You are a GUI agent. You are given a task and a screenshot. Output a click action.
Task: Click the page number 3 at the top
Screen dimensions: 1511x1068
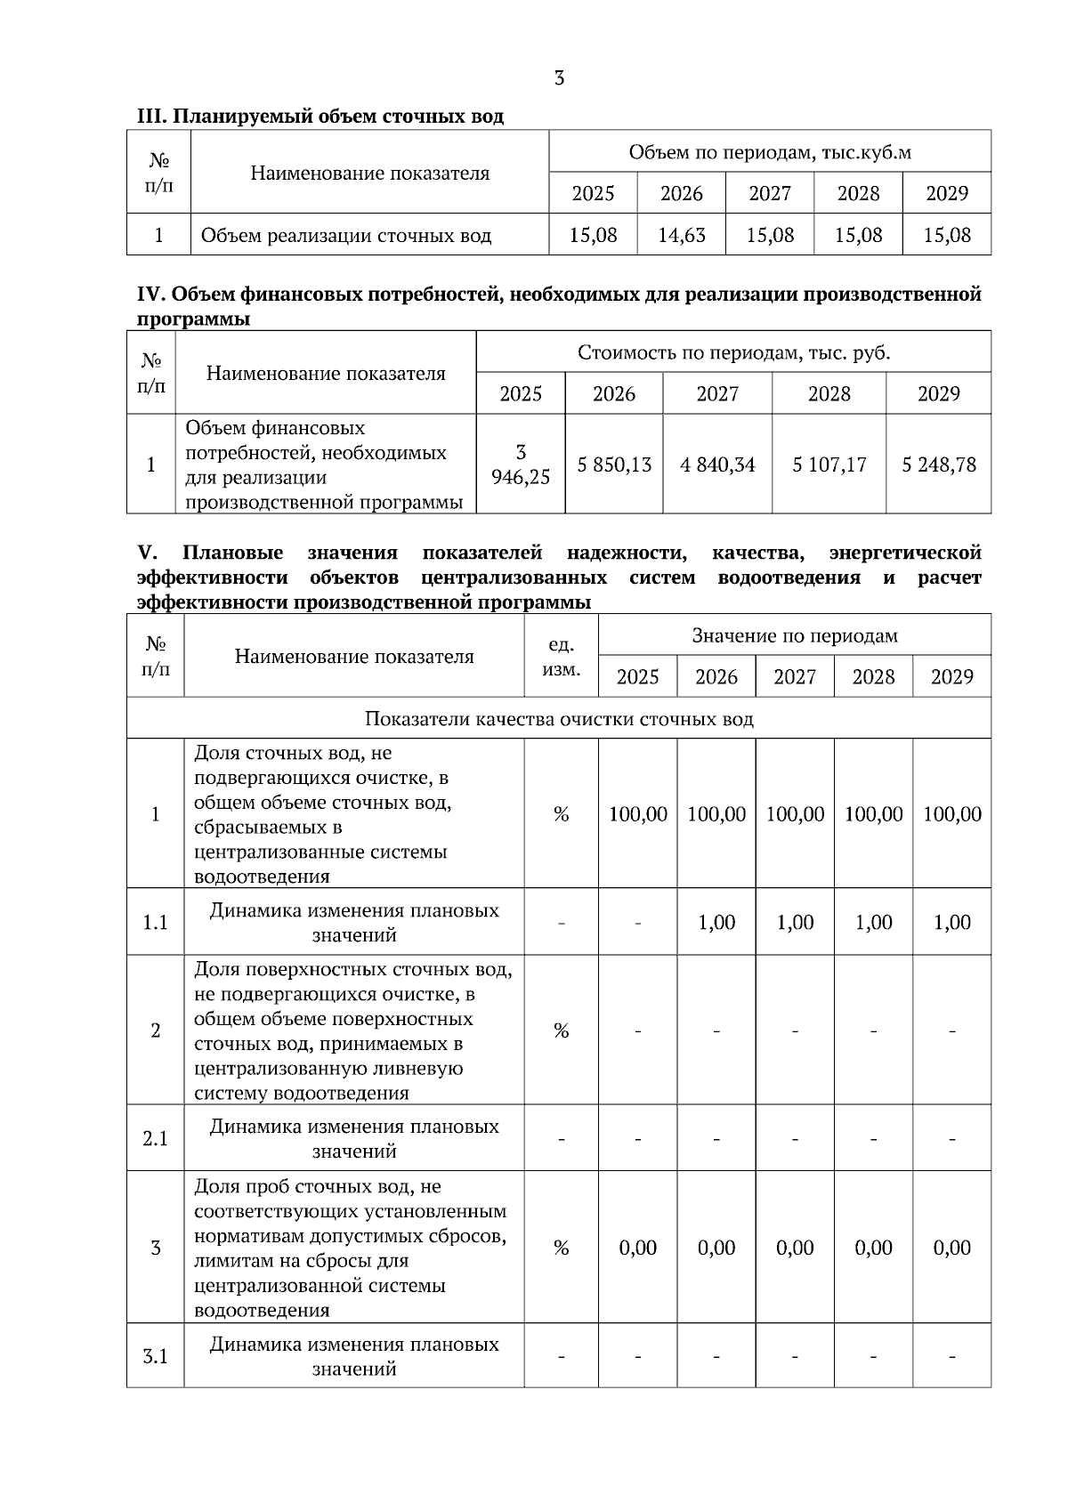click(559, 79)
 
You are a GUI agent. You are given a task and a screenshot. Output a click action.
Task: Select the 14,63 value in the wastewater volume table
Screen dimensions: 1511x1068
click(682, 236)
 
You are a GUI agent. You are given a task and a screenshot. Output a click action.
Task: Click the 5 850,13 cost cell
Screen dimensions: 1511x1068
click(614, 465)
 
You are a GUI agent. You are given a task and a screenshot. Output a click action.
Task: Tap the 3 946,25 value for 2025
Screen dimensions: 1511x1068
click(521, 465)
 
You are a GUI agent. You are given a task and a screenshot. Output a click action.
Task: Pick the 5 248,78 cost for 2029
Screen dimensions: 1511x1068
click(939, 465)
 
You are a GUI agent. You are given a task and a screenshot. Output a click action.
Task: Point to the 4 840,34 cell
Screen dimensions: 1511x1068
click(717, 465)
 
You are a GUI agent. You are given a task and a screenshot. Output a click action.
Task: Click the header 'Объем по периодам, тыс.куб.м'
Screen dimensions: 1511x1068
click(770, 152)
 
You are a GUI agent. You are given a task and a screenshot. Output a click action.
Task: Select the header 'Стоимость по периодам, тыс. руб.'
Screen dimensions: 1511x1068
click(733, 352)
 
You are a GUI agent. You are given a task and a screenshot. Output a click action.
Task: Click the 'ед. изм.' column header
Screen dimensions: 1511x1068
click(561, 657)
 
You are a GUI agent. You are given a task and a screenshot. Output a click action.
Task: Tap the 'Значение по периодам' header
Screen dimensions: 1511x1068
click(795, 635)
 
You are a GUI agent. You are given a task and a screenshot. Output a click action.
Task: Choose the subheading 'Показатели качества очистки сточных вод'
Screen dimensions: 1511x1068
click(559, 719)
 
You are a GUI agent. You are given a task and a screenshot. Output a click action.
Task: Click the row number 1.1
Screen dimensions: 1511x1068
click(156, 923)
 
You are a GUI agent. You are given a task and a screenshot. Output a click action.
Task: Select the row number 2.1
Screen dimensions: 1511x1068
click(156, 1139)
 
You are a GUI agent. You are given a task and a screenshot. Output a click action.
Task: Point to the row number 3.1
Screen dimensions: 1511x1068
click(156, 1356)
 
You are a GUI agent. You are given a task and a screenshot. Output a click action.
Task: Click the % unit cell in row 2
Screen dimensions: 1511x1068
click(561, 1030)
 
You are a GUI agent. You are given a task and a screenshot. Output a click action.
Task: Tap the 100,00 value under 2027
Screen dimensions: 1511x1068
click(795, 814)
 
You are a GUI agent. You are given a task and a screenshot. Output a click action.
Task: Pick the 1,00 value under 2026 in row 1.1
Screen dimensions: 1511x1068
click(716, 923)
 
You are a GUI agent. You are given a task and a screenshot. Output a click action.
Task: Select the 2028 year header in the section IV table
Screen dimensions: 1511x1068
click(829, 394)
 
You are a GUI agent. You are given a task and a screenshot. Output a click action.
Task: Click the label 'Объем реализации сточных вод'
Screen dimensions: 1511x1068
click(346, 236)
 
